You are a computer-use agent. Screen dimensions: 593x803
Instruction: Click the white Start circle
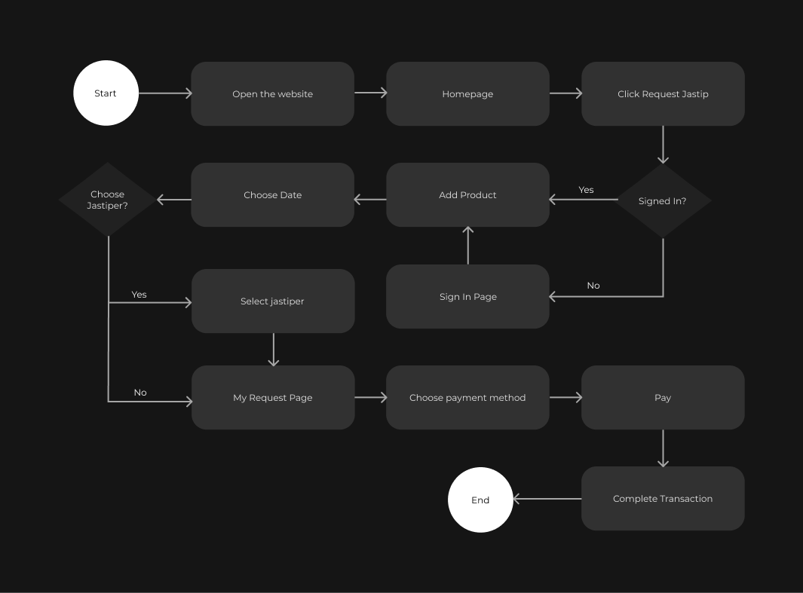tap(106, 93)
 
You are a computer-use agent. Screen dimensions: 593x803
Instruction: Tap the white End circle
tap(480, 500)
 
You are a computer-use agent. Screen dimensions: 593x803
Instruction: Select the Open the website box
tap(272, 94)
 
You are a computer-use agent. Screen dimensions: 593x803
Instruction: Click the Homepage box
tap(467, 94)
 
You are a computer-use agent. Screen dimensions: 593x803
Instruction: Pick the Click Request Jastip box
tap(663, 94)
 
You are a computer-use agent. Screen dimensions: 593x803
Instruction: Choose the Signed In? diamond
tap(663, 201)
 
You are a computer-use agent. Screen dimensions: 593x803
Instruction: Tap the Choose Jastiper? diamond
tap(107, 200)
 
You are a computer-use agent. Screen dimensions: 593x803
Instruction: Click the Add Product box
tap(467, 195)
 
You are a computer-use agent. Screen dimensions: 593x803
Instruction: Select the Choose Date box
tap(272, 195)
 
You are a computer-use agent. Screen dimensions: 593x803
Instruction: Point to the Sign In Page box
tap(467, 297)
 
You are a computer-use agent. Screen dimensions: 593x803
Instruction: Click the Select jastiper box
tap(272, 301)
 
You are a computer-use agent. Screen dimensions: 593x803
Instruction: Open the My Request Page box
tap(272, 398)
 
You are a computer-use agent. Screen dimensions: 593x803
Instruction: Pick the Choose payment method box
tap(467, 398)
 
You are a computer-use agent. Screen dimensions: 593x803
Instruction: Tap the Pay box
tap(663, 398)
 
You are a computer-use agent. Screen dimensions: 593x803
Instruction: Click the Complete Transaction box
tap(663, 499)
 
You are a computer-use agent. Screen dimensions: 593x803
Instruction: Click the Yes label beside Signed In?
tap(586, 190)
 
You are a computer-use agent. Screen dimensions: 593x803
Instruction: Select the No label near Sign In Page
tap(593, 286)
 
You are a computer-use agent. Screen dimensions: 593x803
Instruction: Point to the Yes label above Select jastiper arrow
tap(139, 295)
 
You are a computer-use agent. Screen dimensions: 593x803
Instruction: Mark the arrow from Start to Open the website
tap(164, 93)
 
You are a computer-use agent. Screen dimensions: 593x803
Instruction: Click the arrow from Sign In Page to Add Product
tap(467, 246)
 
